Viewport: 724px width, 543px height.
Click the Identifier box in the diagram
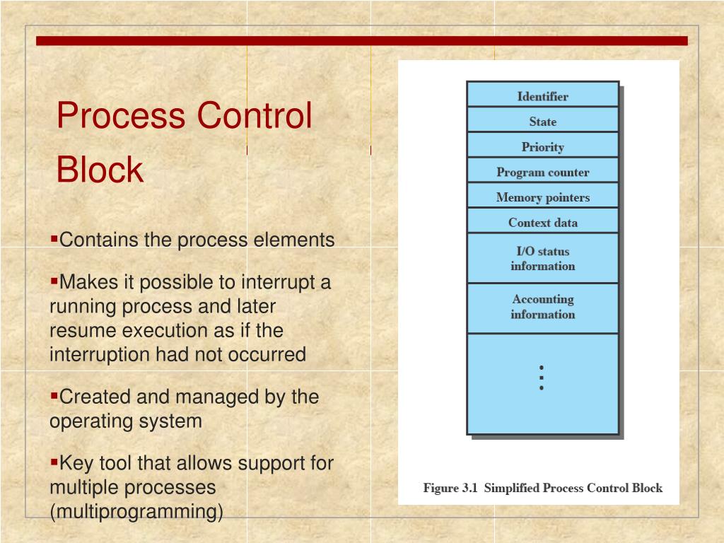click(542, 96)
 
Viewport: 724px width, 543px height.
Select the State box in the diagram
click(542, 122)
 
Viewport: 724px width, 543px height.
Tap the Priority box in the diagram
click(542, 147)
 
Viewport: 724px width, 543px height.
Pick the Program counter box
click(542, 172)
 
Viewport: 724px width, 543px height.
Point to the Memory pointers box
click(542, 197)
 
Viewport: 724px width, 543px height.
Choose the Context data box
click(542, 223)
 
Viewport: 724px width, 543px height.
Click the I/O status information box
click(542, 259)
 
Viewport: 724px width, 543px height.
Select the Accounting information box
click(542, 307)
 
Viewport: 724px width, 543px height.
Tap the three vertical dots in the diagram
click(542, 378)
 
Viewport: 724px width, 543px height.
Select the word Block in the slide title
click(100, 170)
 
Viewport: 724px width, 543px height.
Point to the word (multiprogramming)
click(136, 511)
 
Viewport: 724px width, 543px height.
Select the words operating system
click(125, 421)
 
